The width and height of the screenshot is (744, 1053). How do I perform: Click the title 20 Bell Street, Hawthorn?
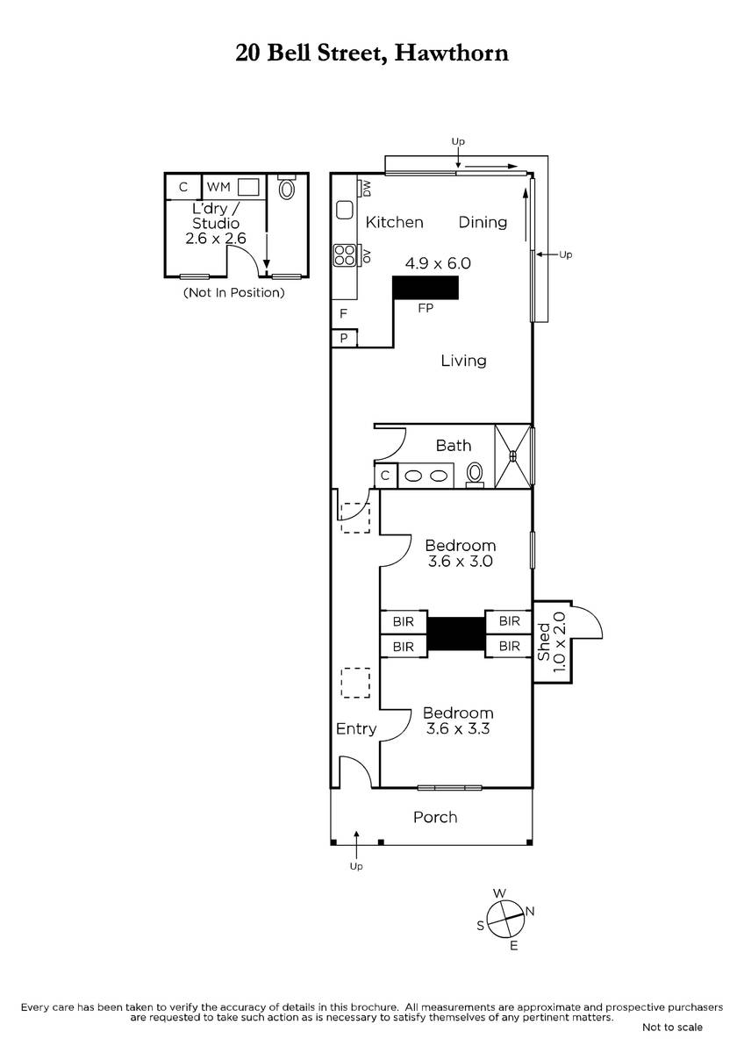(x=372, y=54)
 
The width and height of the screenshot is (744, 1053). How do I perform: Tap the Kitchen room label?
(x=394, y=222)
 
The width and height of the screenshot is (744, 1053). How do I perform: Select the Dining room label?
(x=483, y=222)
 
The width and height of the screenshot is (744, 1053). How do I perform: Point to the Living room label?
(x=463, y=361)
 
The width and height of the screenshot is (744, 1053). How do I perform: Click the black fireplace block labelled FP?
(x=426, y=287)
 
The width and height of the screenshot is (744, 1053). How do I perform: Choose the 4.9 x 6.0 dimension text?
(x=438, y=263)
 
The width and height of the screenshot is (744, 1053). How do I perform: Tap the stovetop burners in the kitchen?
(x=344, y=254)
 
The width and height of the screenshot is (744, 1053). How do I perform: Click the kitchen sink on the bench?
(x=345, y=210)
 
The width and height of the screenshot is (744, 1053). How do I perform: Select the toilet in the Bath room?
(x=475, y=475)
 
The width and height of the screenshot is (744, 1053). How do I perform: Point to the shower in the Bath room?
(x=512, y=456)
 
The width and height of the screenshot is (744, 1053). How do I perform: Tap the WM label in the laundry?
(x=218, y=187)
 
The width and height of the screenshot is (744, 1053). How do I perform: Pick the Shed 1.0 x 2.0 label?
(x=552, y=641)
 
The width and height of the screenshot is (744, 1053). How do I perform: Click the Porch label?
(x=435, y=817)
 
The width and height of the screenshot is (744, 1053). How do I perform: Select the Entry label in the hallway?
(x=356, y=728)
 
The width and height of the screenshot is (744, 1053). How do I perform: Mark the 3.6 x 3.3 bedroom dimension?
(x=458, y=728)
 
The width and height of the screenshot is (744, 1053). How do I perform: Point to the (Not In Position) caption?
(x=234, y=293)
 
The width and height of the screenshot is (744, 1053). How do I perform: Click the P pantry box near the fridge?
(x=344, y=338)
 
